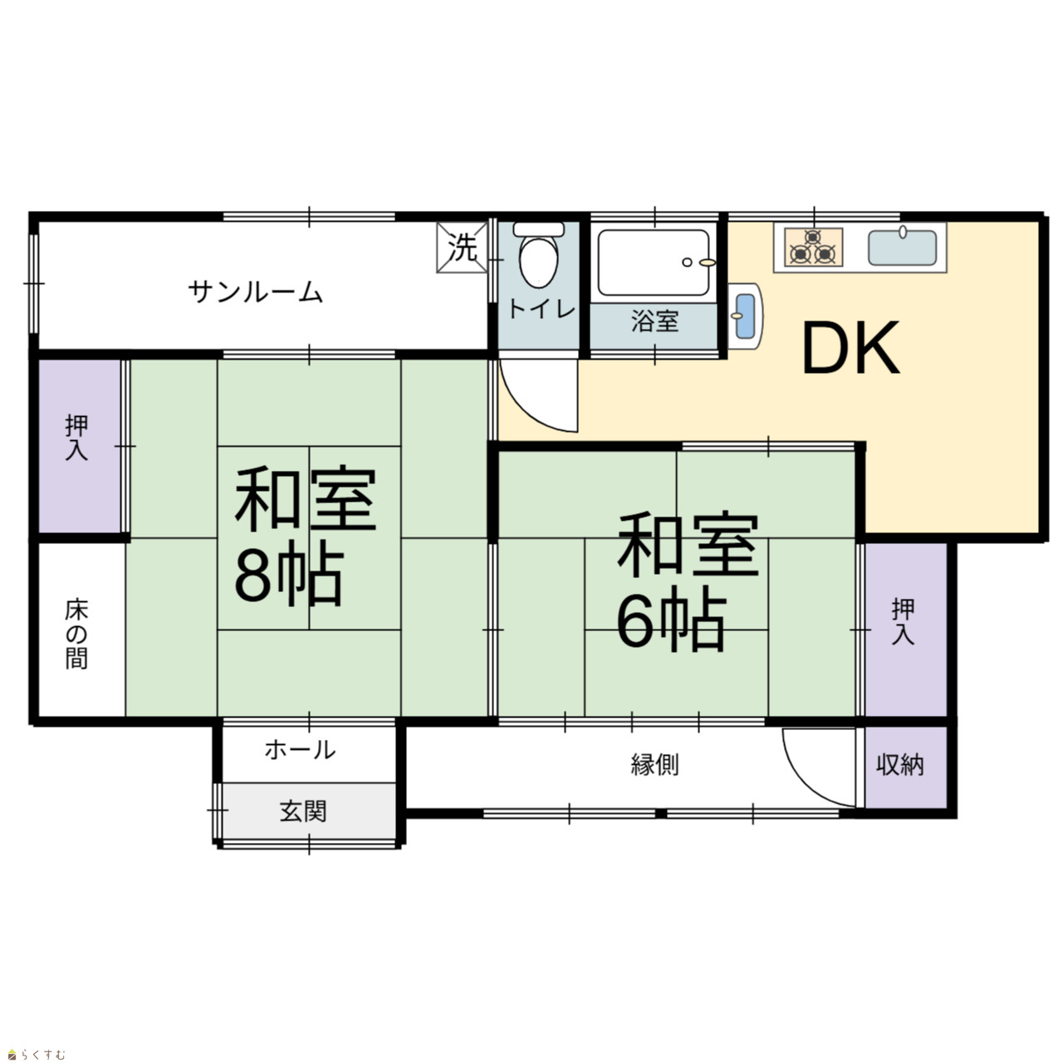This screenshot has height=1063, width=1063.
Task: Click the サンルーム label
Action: click(255, 291)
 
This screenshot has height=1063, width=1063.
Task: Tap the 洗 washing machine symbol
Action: click(462, 247)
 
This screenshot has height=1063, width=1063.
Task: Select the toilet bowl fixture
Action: click(538, 254)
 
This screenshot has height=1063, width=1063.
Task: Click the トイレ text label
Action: click(541, 310)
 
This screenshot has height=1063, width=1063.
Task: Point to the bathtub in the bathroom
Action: click(654, 262)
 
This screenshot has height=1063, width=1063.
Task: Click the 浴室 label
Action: click(654, 321)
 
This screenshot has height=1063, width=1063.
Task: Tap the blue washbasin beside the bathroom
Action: click(745, 316)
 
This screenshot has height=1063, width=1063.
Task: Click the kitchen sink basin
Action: click(902, 247)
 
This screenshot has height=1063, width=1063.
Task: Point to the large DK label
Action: click(850, 348)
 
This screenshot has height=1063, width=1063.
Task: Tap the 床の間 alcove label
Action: click(76, 634)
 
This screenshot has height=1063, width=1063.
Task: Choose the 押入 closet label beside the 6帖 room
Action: click(903, 622)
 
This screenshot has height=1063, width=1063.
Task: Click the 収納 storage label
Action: click(900, 765)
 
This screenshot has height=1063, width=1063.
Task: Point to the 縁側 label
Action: click(654, 765)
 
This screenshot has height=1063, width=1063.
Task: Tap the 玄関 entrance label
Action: click(303, 811)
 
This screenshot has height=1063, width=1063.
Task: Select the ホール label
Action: click(300, 750)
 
